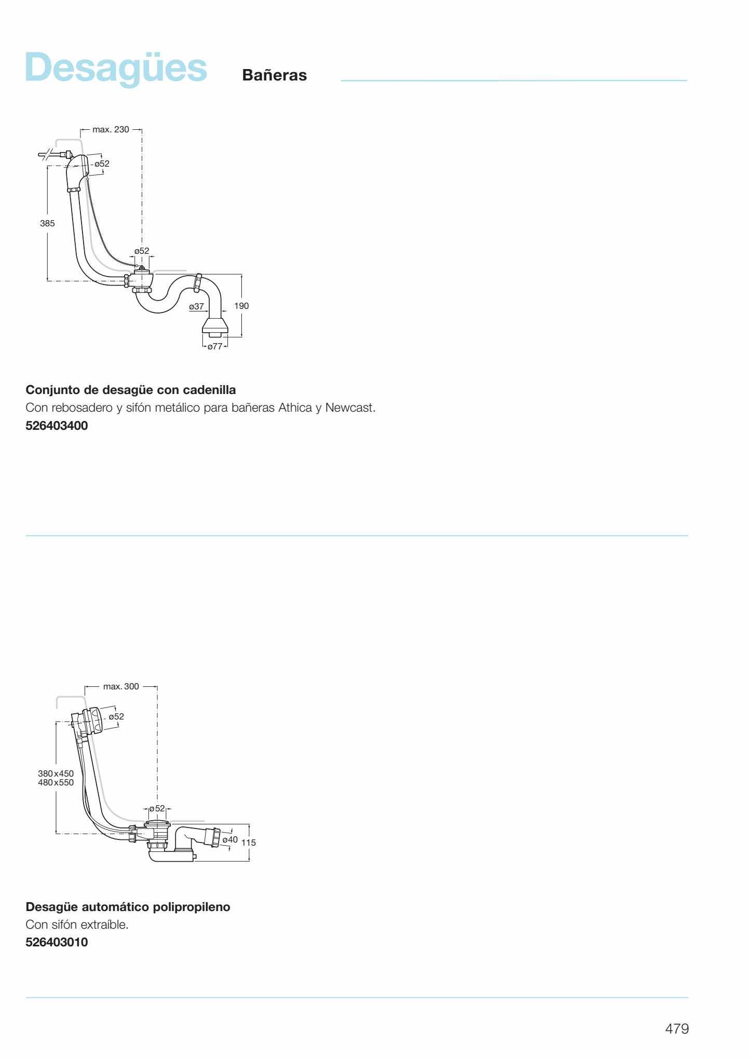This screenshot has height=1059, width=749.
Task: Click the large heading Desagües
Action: tap(116, 68)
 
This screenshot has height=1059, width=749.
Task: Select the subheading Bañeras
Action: tap(275, 75)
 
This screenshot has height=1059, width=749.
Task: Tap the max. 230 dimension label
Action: tap(111, 129)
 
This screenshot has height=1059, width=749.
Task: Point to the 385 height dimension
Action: tap(47, 223)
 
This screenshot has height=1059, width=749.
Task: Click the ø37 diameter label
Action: tap(196, 306)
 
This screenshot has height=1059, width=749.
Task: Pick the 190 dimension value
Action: tap(241, 306)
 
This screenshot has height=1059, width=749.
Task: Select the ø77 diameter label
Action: tap(215, 346)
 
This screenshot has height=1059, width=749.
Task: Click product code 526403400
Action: tap(57, 426)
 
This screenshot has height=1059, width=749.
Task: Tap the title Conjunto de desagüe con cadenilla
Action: tap(131, 389)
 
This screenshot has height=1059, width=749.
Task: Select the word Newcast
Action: tap(350, 408)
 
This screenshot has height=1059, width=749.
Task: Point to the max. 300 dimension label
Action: tap(121, 686)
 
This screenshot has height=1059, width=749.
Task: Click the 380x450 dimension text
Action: tap(56, 773)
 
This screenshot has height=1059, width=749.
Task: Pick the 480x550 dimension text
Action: tap(56, 782)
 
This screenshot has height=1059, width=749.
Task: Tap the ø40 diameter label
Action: tap(230, 839)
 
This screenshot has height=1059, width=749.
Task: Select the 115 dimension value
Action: tap(249, 843)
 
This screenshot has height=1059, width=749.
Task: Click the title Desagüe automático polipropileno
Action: tap(128, 907)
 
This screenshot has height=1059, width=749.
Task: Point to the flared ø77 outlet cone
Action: tap(214, 328)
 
